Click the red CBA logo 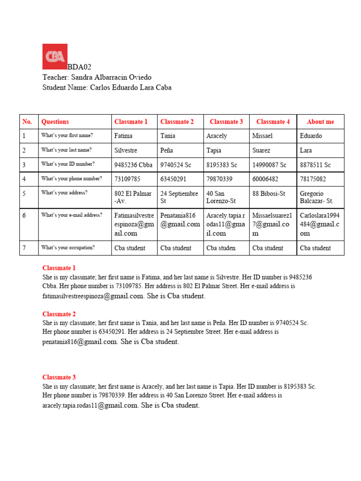(55, 56)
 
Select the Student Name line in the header (107, 87)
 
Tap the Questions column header (55, 122)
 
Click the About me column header (320, 122)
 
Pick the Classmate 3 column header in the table (226, 122)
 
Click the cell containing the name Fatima (123, 136)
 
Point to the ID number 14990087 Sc (269, 165)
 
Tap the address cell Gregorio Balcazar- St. (316, 198)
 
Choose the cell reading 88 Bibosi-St (269, 194)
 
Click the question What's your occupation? (68, 248)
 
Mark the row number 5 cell (24, 193)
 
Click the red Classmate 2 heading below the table (59, 314)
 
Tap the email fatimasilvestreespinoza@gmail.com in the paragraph (93, 296)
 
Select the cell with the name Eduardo (311, 136)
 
